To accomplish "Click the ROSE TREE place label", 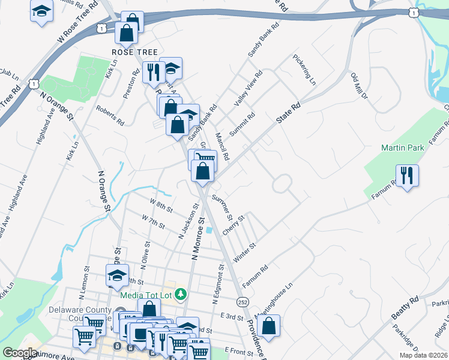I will pyautogui.click(x=134, y=52).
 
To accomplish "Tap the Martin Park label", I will pyautogui.click(x=402, y=148).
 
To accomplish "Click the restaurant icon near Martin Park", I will pyautogui.click(x=408, y=175).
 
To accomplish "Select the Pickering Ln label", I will pyautogui.click(x=304, y=70).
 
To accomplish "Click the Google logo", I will pyautogui.click(x=20, y=353).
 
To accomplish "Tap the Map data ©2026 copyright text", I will pyautogui.click(x=424, y=355).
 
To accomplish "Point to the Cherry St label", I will pyautogui.click(x=233, y=226).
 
